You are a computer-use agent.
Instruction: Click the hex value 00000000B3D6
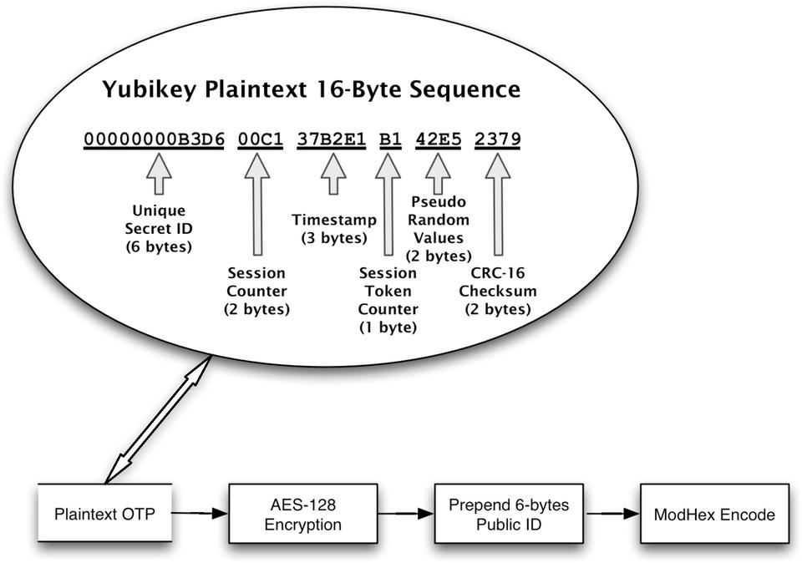154,139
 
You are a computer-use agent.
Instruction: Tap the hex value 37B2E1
332,139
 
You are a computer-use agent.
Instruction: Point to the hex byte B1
388,139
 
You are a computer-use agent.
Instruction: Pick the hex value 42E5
438,139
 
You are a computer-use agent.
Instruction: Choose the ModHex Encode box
714,514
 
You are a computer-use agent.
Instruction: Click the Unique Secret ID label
159,230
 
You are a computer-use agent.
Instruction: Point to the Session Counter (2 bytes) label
256,291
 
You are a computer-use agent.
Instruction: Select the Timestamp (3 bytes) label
333,228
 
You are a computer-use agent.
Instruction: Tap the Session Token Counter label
388,300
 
